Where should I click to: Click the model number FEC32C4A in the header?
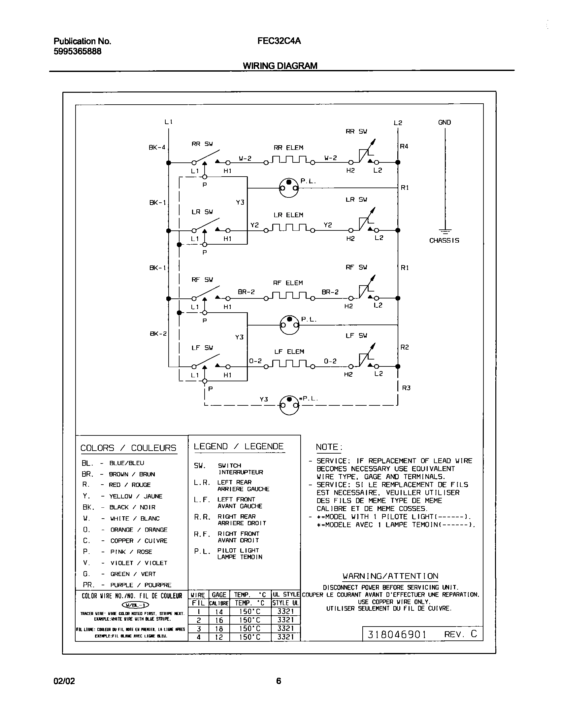[279, 41]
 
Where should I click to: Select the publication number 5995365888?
[77, 51]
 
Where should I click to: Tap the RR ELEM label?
[288, 148]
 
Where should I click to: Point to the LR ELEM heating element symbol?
[289, 228]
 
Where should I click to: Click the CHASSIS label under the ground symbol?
[444, 241]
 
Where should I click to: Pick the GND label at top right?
[445, 122]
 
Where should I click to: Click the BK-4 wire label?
[157, 148]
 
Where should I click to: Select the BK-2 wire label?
[158, 333]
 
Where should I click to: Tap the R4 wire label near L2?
[404, 146]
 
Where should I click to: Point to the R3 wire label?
[406, 388]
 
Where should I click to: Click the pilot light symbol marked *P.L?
[289, 405]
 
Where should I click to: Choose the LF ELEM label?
[289, 352]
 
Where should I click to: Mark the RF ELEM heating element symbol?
[289, 295]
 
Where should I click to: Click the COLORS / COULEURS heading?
[128, 448]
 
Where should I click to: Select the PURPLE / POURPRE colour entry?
[141, 585]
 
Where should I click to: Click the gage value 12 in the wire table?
[219, 637]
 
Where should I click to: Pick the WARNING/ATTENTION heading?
[390, 576]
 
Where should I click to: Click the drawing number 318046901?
[397, 634]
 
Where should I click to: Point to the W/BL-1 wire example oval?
[135, 605]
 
